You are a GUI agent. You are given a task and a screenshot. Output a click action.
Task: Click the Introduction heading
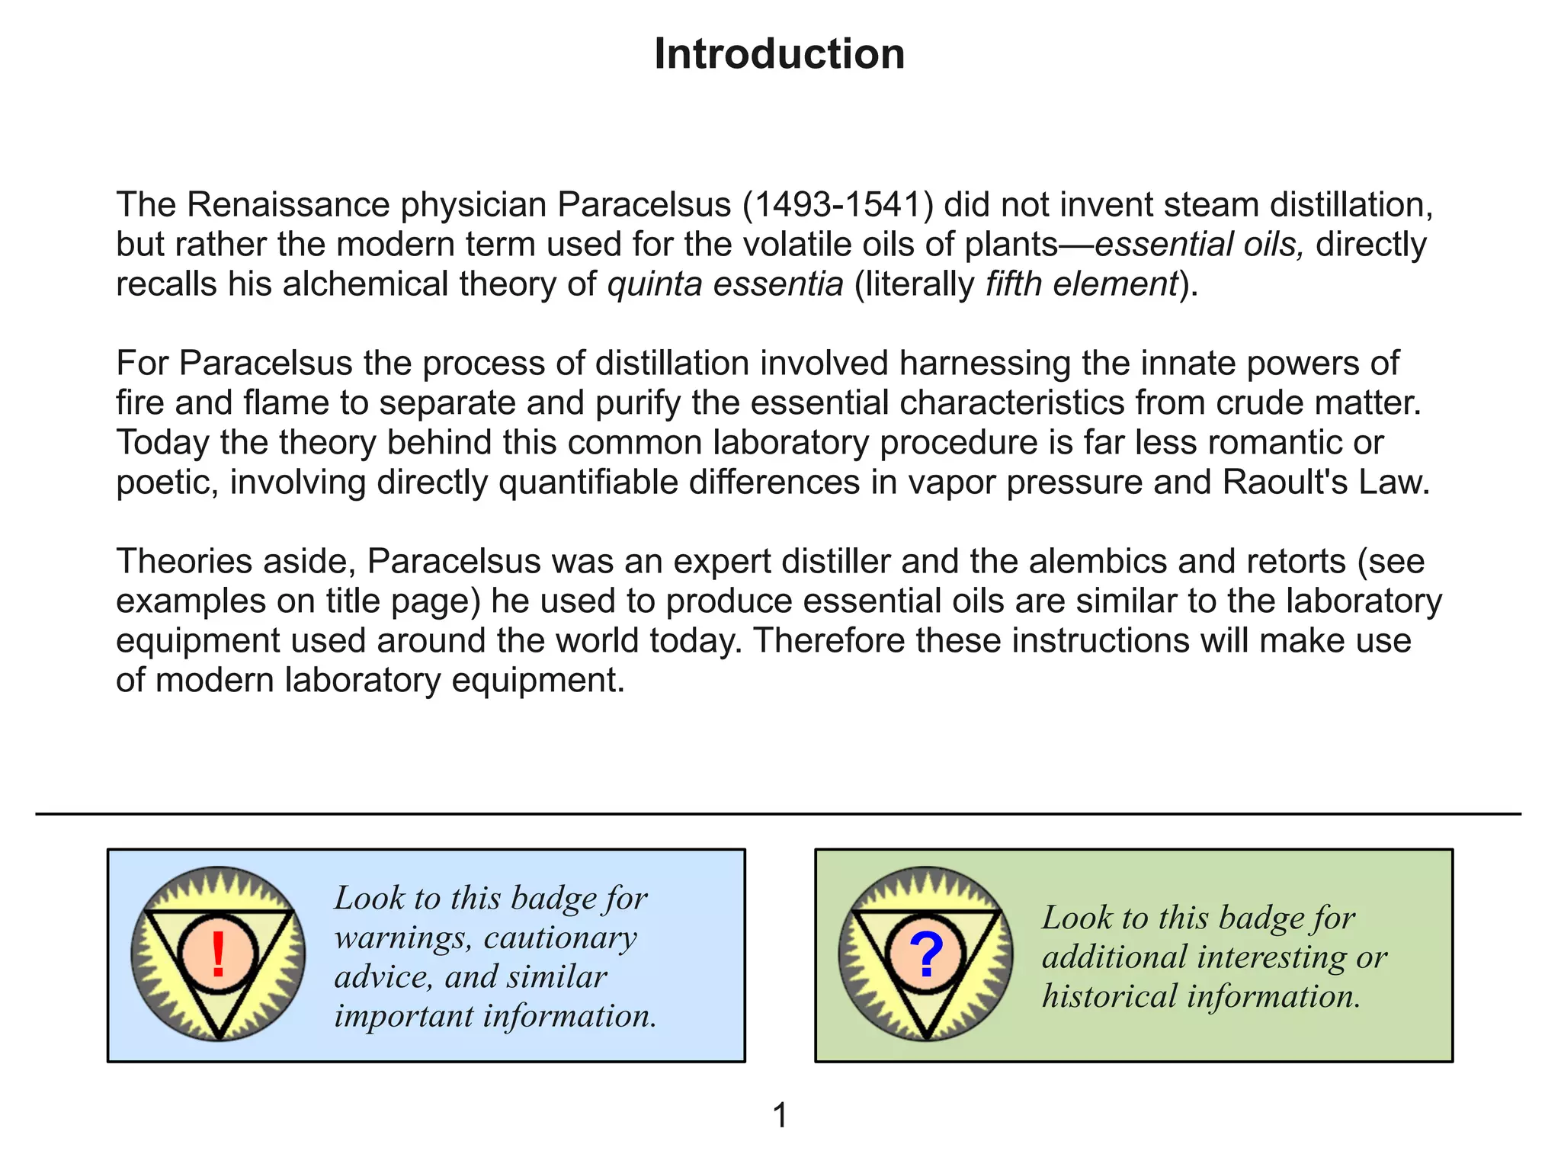coord(779,55)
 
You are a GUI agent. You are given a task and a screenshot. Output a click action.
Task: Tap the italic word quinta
coord(653,284)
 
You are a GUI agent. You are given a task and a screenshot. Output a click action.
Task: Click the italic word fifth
coord(1013,284)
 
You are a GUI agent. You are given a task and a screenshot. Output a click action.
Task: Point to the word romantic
coord(1284,443)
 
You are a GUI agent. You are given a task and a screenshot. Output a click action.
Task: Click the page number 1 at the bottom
coord(780,1115)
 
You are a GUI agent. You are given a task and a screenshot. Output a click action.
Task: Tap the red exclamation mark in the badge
coord(218,954)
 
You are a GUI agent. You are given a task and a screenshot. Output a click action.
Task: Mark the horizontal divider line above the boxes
coord(777,814)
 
